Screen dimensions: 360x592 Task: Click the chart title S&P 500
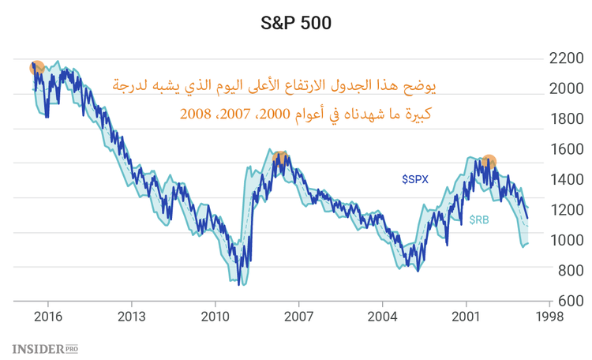[296, 24]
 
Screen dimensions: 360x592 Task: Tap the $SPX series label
[415, 180]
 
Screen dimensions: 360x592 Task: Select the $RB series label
[479, 220]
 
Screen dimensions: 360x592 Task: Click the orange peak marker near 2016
[37, 68]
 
